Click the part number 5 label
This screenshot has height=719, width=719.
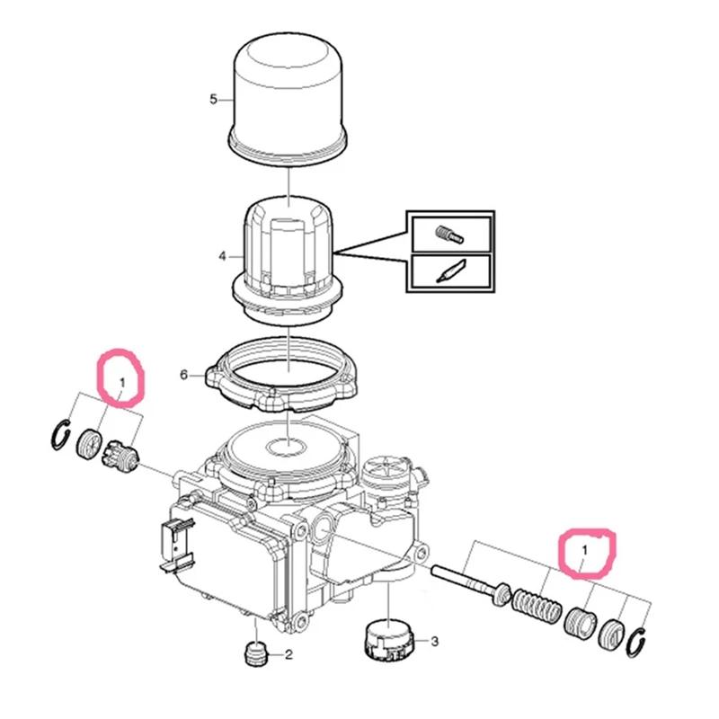pyautogui.click(x=213, y=99)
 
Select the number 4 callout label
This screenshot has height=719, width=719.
pyautogui.click(x=222, y=257)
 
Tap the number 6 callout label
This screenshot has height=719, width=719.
pyautogui.click(x=184, y=374)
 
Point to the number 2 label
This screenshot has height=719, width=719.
pyautogui.click(x=288, y=655)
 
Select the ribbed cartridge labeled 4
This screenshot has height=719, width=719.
pyautogui.click(x=286, y=247)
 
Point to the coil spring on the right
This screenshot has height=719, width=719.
pyautogui.click(x=535, y=604)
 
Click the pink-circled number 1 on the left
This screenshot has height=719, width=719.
pyautogui.click(x=122, y=384)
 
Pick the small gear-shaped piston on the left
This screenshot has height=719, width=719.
pyautogui.click(x=120, y=455)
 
